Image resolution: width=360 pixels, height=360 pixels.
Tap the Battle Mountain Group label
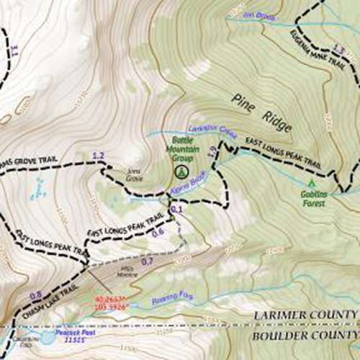[181, 149]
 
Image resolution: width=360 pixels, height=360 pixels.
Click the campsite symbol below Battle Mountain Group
[181, 171]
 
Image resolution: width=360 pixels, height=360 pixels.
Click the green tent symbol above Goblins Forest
[312, 184]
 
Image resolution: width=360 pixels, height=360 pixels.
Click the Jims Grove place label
[135, 173]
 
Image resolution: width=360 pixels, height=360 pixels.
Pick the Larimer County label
[307, 315]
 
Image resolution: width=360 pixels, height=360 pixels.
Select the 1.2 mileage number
[99, 156]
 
